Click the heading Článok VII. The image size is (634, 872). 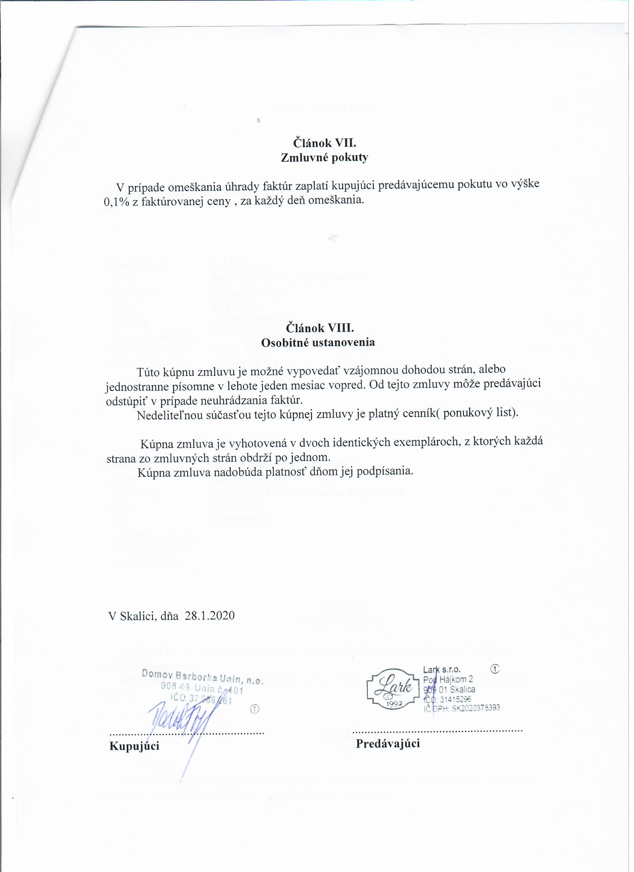(325, 144)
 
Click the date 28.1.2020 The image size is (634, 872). (210, 615)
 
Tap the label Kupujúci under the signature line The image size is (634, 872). (135, 746)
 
